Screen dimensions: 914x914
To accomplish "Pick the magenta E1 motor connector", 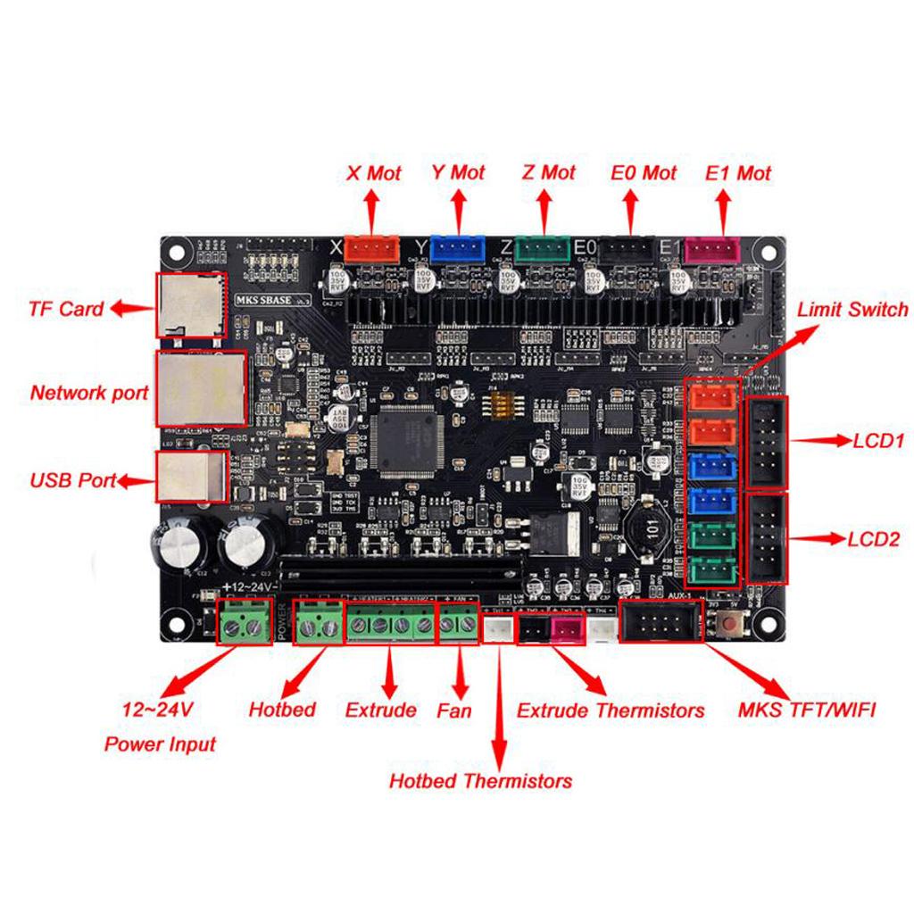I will click(712, 249).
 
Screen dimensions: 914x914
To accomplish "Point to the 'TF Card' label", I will click(66, 310).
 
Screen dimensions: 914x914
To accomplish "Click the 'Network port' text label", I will click(89, 393).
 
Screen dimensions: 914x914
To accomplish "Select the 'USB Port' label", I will click(73, 480).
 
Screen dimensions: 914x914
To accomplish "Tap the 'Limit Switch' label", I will click(852, 310).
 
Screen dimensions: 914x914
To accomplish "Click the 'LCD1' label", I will click(879, 441).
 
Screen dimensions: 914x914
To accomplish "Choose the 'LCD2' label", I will click(879, 539).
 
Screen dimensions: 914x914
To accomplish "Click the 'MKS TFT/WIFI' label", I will click(807, 710).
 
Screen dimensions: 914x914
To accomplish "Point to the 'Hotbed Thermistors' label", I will click(480, 781).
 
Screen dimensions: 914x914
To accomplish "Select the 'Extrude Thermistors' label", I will click(611, 710).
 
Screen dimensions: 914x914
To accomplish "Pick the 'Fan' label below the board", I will click(454, 710).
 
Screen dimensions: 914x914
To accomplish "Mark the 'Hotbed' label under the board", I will click(282, 710).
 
